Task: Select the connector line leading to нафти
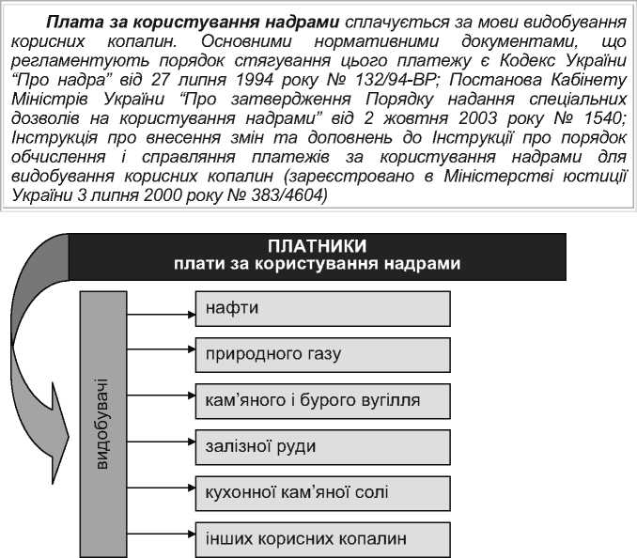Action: click(161, 308)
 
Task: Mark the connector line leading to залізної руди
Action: click(161, 446)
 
